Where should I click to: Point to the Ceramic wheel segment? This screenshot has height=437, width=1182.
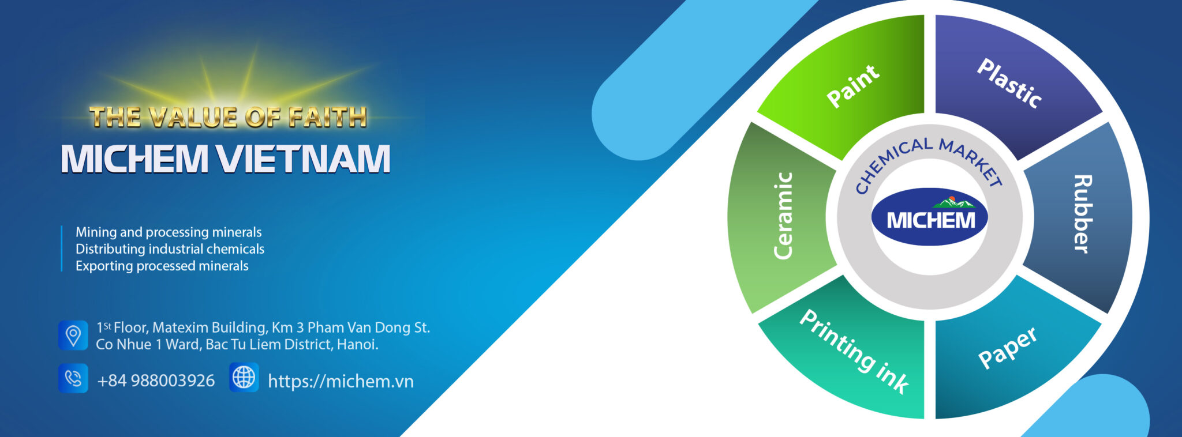click(x=782, y=216)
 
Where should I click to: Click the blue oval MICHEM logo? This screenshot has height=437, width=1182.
click(x=929, y=218)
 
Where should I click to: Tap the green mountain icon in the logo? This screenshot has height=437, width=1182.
click(x=953, y=202)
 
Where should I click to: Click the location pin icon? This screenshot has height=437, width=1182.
click(x=73, y=335)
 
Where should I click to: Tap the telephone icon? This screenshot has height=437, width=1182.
click(x=73, y=378)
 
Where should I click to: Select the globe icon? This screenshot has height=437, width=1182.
click(x=244, y=378)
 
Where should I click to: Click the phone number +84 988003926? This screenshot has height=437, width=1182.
click(x=156, y=381)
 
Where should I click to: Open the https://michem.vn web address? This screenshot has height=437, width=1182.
click(x=341, y=381)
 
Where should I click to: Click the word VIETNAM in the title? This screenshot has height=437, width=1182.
click(x=304, y=159)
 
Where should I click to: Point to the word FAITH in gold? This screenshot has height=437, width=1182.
click(x=327, y=117)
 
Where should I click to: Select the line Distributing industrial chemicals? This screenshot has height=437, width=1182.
click(x=170, y=249)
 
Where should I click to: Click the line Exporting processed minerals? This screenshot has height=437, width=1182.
click(x=162, y=266)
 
